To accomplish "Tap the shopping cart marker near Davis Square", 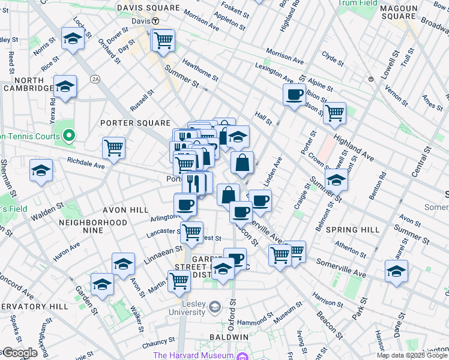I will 163,40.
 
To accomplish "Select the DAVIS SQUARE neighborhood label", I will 148,8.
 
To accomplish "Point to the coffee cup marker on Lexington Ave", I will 294,95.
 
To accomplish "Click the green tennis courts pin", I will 68,136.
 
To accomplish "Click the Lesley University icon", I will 214,308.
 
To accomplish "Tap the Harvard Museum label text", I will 193,355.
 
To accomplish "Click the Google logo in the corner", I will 20,353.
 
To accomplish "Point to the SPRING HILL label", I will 352,230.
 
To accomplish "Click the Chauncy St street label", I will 158,346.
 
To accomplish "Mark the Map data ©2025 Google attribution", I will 412,355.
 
